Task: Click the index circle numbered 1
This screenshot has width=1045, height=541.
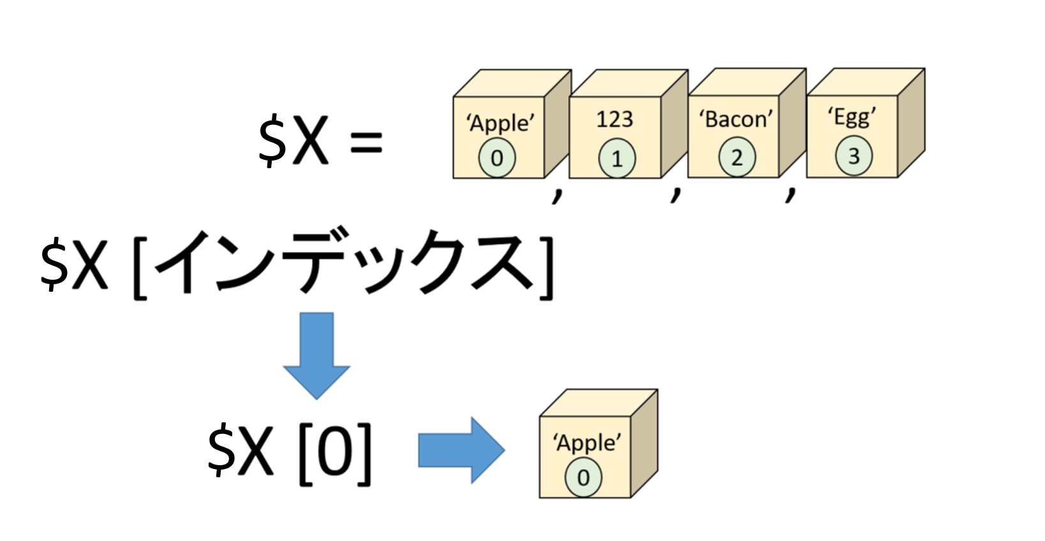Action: pyautogui.click(x=617, y=159)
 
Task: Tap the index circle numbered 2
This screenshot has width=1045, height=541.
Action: pyautogui.click(x=737, y=157)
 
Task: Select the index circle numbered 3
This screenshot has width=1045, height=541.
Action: pyautogui.click(x=854, y=156)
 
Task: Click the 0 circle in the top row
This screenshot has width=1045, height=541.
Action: pyautogui.click(x=497, y=158)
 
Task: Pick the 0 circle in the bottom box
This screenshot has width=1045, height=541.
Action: pyautogui.click(x=583, y=478)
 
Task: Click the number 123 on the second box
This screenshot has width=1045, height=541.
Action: pyautogui.click(x=614, y=119)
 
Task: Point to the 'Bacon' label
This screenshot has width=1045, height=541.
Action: pyautogui.click(x=736, y=119)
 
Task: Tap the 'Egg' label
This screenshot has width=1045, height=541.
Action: pyautogui.click(x=852, y=117)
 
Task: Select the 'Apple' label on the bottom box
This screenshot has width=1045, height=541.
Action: pyautogui.click(x=587, y=443)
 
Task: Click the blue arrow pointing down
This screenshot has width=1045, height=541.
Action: pyautogui.click(x=317, y=356)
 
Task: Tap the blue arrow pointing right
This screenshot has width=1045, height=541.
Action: pyautogui.click(x=461, y=450)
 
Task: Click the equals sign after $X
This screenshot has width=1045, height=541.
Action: pyautogui.click(x=366, y=142)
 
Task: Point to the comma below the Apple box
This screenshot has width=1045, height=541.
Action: pyautogui.click(x=557, y=195)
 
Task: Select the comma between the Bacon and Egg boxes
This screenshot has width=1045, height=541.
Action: pyautogui.click(x=790, y=194)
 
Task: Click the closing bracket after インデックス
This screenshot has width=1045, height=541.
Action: pyautogui.click(x=546, y=268)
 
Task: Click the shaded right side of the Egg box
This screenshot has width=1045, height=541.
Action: pyautogui.click(x=911, y=123)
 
